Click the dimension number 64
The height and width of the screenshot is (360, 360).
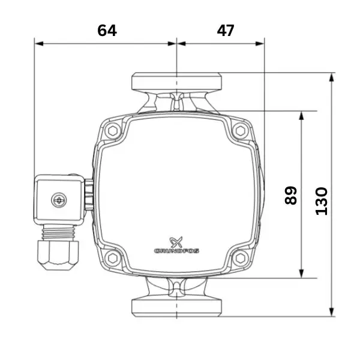click(x=107, y=31)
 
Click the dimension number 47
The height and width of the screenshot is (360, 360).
click(x=226, y=31)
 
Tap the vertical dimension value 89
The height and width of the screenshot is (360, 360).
click(x=290, y=196)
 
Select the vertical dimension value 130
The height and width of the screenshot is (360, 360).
click(x=322, y=202)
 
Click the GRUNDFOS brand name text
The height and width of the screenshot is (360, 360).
click(x=176, y=251)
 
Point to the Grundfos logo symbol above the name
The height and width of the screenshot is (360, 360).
click(x=176, y=242)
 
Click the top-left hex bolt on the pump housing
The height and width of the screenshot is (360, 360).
click(x=113, y=131)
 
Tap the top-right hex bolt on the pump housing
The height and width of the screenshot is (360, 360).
click(x=241, y=131)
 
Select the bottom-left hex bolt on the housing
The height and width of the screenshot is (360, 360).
click(x=113, y=258)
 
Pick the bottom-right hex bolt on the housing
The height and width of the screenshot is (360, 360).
click(x=241, y=258)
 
